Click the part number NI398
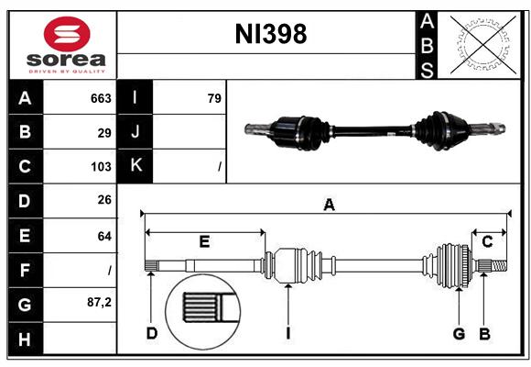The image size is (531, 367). coord(271,34)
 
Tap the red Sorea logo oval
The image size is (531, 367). coord(67,34)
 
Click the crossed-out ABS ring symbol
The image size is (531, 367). coord(483,45)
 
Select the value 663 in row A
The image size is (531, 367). coord(101,98)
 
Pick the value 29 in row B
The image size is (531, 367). coord(104,133)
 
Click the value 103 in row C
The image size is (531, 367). coord(101,167)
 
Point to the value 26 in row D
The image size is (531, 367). coord(104,200)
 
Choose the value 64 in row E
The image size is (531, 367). coord(104,236)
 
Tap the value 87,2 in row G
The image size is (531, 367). coord(99,302)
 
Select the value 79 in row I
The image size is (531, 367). coord(214,98)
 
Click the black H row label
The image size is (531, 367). coord(26,339)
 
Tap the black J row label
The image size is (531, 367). coord(135,131)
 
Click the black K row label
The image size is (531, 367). coord(135,165)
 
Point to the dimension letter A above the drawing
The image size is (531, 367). coord(329,205)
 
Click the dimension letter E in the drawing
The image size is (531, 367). coord(204,241)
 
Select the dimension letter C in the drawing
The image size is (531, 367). coord(487,242)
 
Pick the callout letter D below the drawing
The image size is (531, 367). coord(152,333)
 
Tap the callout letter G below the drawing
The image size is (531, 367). coord(459,334)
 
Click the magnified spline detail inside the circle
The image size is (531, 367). coord(203,311)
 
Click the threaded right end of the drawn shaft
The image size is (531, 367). coord(499,265)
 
